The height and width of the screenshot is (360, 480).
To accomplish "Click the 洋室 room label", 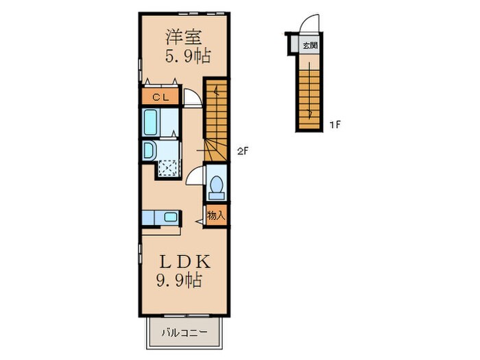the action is [183, 37].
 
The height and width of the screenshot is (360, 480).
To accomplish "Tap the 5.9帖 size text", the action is [188, 56].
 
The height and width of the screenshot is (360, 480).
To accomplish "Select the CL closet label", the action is [160, 97].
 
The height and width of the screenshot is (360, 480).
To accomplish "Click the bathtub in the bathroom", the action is [150, 123].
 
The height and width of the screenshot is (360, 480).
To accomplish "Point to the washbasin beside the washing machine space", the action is [149, 151].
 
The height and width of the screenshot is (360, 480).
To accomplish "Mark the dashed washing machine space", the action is [168, 168].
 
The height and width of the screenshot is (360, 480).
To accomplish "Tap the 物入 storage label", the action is [217, 215].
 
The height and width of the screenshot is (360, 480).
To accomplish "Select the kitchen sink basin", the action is [170, 217].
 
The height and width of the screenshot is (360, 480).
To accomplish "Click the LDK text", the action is [185, 262].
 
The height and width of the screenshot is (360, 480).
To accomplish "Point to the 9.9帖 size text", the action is [180, 280].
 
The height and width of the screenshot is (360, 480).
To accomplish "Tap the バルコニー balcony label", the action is [184, 333].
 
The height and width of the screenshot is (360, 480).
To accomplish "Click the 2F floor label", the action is [242, 151].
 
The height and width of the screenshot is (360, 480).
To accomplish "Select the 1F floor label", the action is [335, 125].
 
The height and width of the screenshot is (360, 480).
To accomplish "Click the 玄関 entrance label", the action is [310, 46].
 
